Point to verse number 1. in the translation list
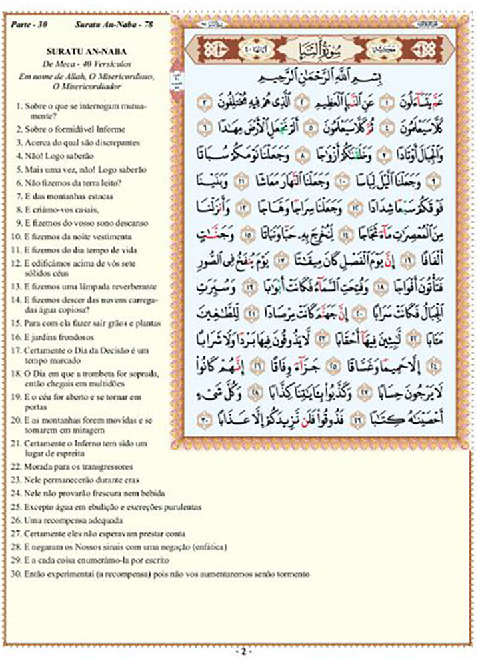(x=17, y=106)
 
